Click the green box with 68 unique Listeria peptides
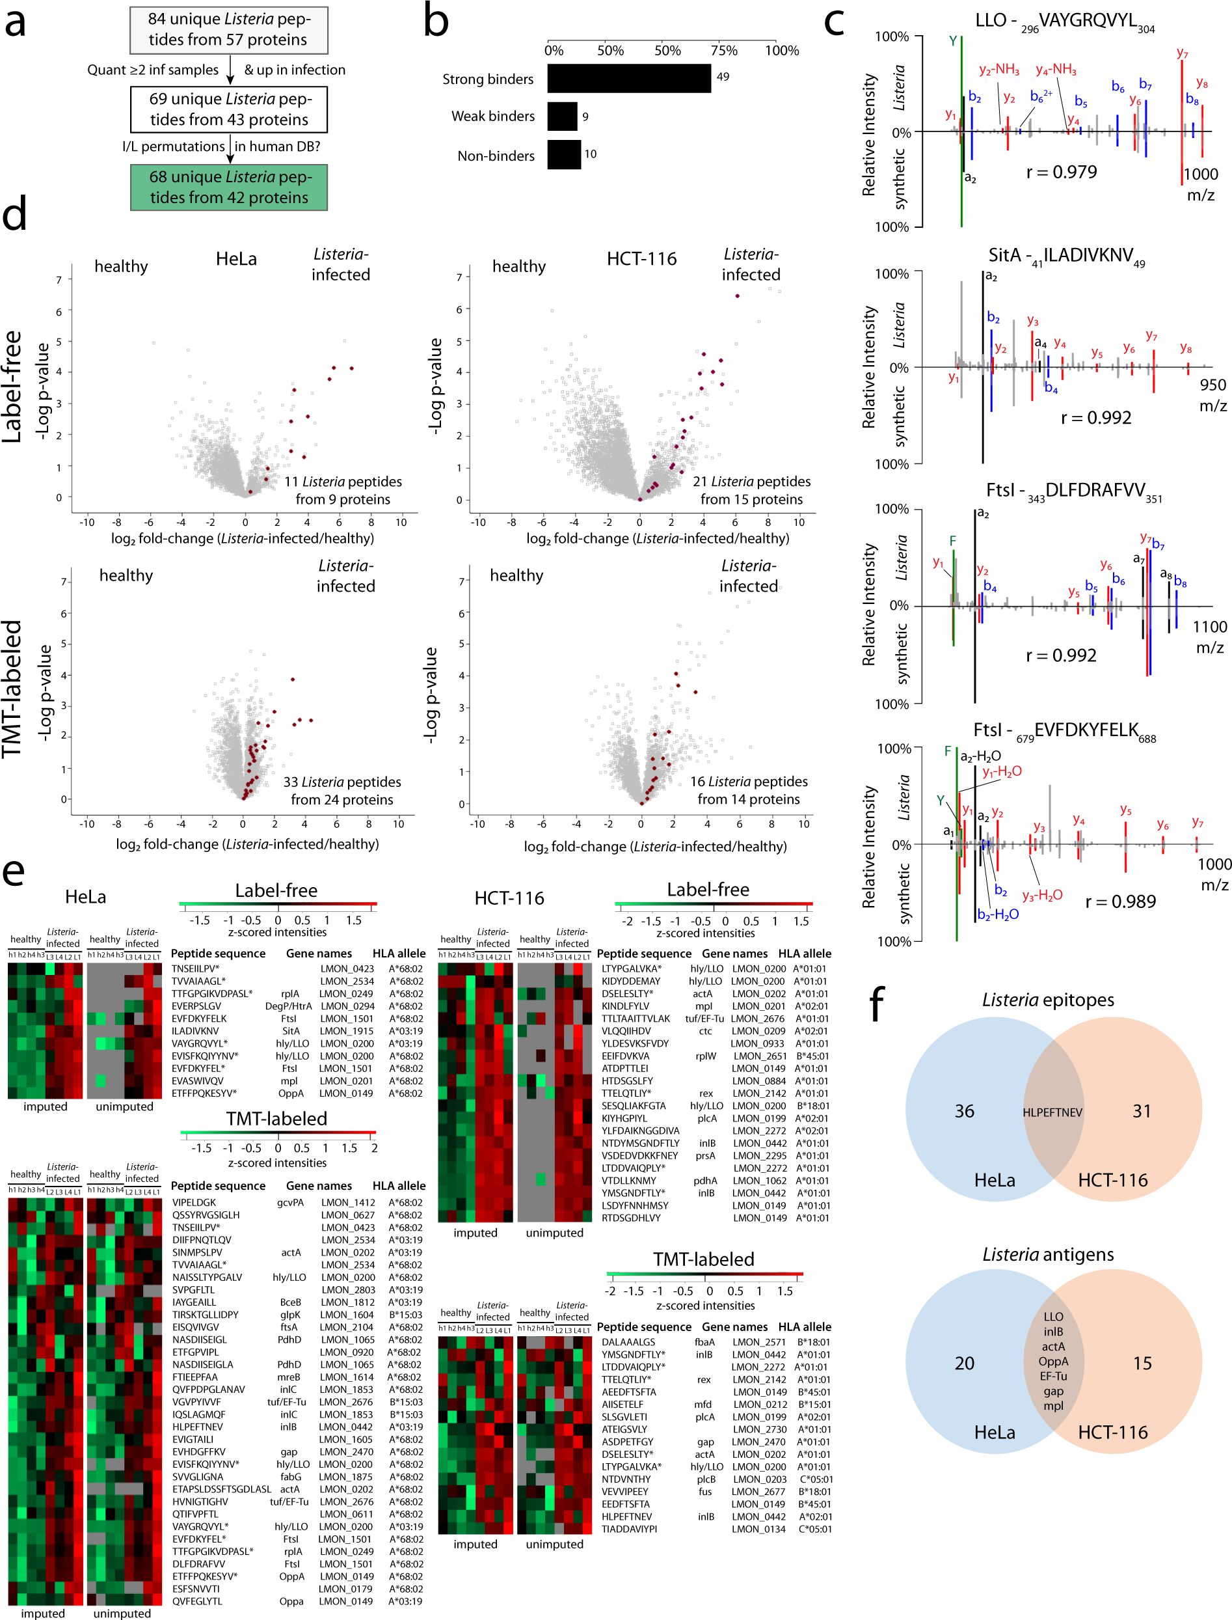(229, 187)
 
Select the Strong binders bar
(628, 79)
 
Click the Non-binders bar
(564, 155)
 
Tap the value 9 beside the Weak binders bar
(585, 117)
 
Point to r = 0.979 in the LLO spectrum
(1061, 172)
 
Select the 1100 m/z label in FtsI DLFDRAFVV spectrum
(1209, 636)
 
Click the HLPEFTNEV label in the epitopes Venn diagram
(1052, 1112)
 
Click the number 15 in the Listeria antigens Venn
(1142, 1363)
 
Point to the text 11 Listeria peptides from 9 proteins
(343, 490)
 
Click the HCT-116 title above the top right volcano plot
(641, 259)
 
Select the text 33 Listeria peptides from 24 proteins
(341, 790)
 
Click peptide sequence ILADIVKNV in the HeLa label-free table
(195, 1031)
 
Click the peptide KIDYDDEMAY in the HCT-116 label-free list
(631, 981)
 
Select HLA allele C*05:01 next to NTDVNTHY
(816, 1479)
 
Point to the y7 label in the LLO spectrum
(1182, 53)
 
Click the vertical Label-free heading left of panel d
(12, 387)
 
